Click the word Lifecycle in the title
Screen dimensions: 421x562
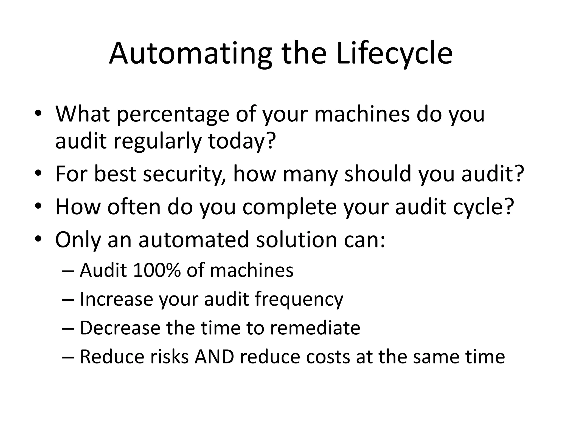pos(394,53)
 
